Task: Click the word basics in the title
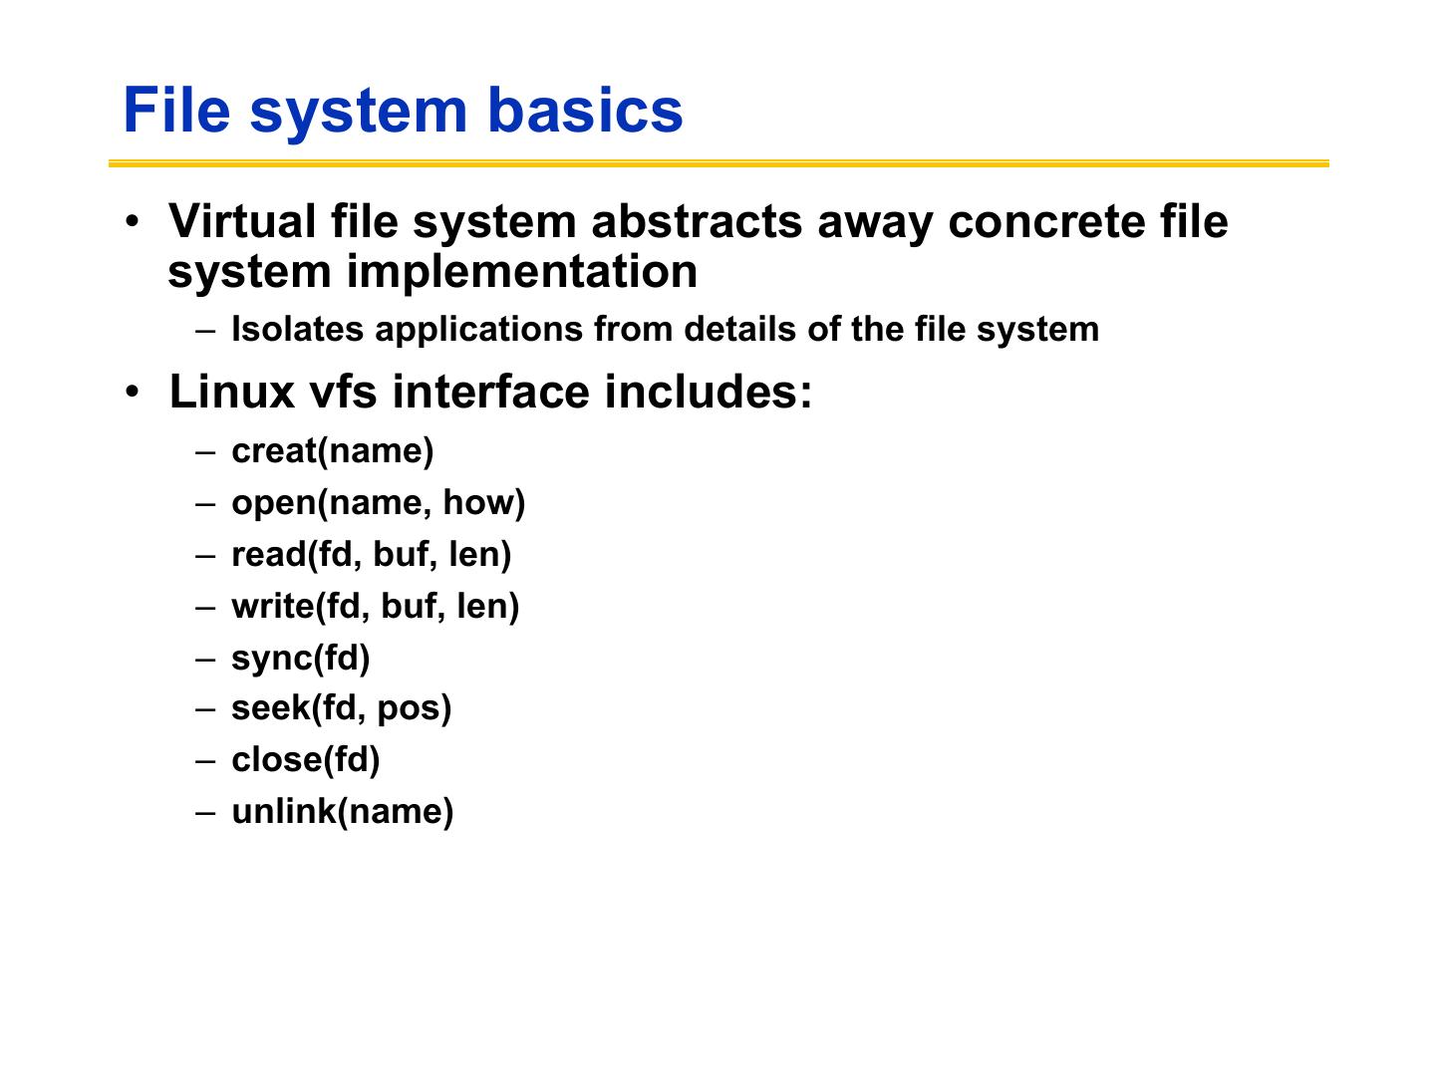point(585,110)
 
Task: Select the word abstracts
point(697,221)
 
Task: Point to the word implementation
point(521,272)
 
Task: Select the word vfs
point(343,392)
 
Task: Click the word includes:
point(709,392)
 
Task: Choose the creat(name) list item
point(332,451)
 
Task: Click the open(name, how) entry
point(378,503)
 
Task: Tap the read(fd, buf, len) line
point(371,555)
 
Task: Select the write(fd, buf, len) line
point(375,607)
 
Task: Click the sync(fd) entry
point(300,659)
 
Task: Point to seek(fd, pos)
point(341,708)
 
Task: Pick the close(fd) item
point(305,760)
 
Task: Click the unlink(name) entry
point(342,812)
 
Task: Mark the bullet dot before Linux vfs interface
point(134,392)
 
